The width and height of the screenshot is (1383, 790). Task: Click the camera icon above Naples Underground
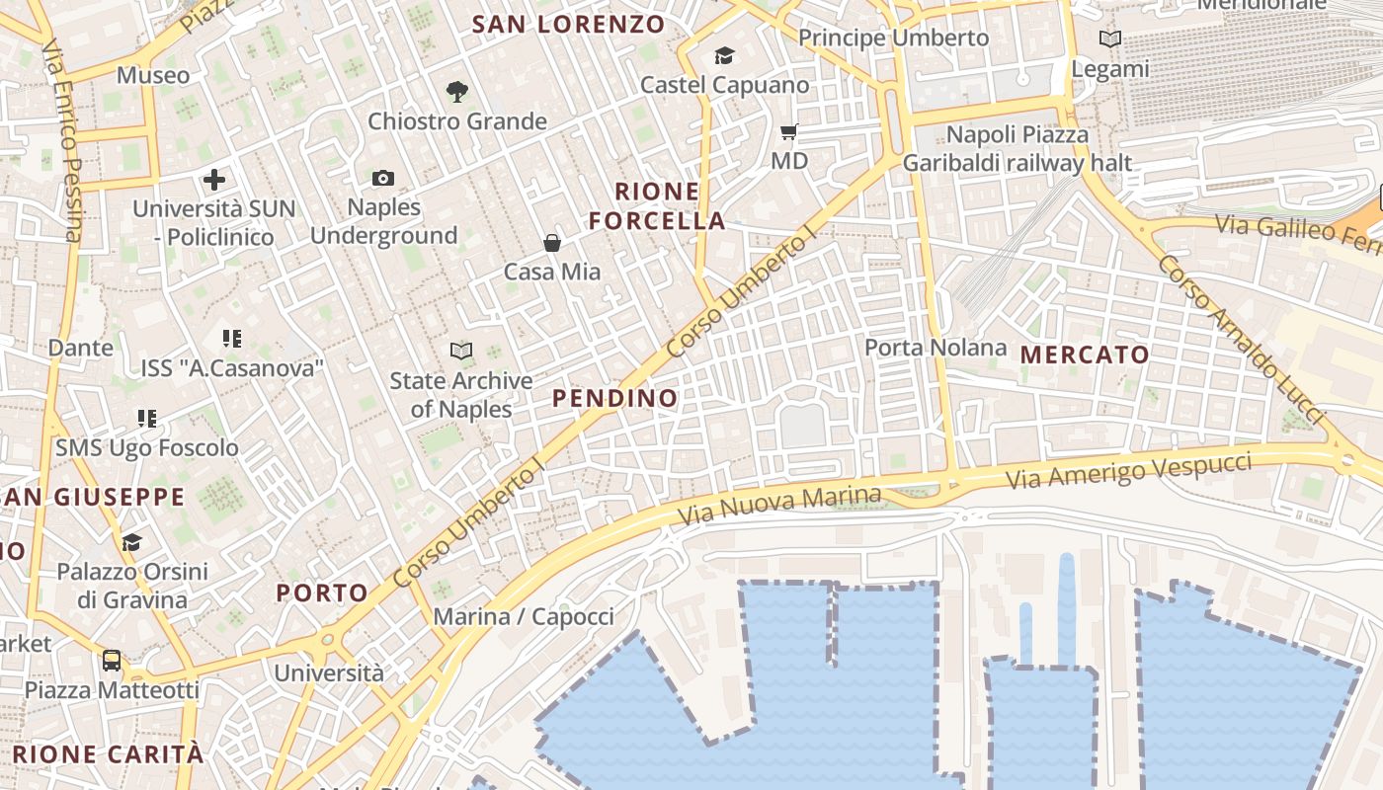[383, 179]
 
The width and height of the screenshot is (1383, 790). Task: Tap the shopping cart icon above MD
[788, 131]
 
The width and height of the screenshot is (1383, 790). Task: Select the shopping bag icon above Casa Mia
[552, 243]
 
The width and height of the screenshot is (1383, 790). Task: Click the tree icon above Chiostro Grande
[456, 92]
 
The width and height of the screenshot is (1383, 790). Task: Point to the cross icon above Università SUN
[214, 180]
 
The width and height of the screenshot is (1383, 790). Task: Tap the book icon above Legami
[1110, 39]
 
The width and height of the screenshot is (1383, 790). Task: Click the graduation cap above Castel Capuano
[725, 55]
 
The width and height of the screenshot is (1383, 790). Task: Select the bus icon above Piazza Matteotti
[112, 660]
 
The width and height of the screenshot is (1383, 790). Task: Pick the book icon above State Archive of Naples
[460, 351]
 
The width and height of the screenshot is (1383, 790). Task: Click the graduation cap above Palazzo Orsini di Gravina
[131, 542]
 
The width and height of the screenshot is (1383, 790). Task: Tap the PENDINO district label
[615, 398]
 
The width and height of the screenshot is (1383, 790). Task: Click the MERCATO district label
[1085, 355]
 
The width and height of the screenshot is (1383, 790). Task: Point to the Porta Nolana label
[936, 348]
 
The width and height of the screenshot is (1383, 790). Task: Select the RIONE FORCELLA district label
[657, 205]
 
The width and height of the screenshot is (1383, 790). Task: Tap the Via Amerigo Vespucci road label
[1129, 470]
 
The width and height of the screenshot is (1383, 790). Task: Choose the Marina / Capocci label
[524, 617]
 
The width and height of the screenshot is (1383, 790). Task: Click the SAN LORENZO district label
[568, 25]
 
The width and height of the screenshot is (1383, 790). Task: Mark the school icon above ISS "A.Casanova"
[232, 340]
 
